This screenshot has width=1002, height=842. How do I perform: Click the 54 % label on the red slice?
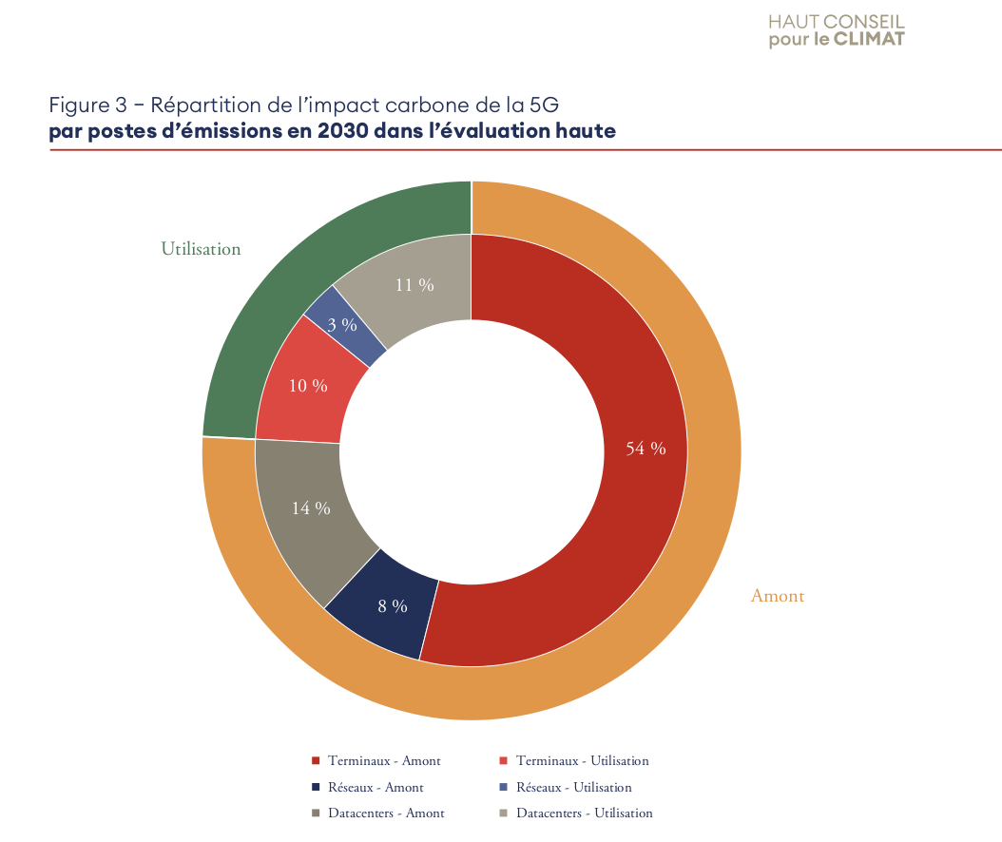[646, 449]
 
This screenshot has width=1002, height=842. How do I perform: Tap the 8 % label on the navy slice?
[393, 605]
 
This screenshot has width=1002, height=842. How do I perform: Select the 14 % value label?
[311, 508]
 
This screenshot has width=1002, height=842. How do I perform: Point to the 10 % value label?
[308, 386]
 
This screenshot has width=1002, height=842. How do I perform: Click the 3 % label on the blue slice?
[342, 325]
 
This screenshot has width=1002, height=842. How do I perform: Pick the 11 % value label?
[414, 284]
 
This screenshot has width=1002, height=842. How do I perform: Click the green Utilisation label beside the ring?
[201, 249]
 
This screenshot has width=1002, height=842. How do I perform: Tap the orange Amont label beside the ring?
[778, 596]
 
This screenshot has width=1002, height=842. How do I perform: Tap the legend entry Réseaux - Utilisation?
[573, 787]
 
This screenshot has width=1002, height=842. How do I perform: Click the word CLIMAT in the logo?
[869, 39]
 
